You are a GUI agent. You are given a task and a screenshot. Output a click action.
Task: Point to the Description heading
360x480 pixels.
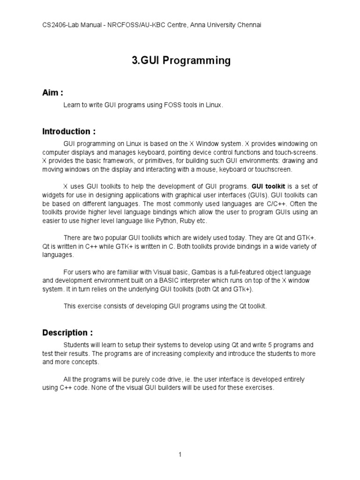(67, 333)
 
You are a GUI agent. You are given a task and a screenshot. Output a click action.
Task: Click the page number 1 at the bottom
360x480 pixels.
(180, 454)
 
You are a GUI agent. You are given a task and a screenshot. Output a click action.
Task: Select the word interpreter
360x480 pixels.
(222, 281)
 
